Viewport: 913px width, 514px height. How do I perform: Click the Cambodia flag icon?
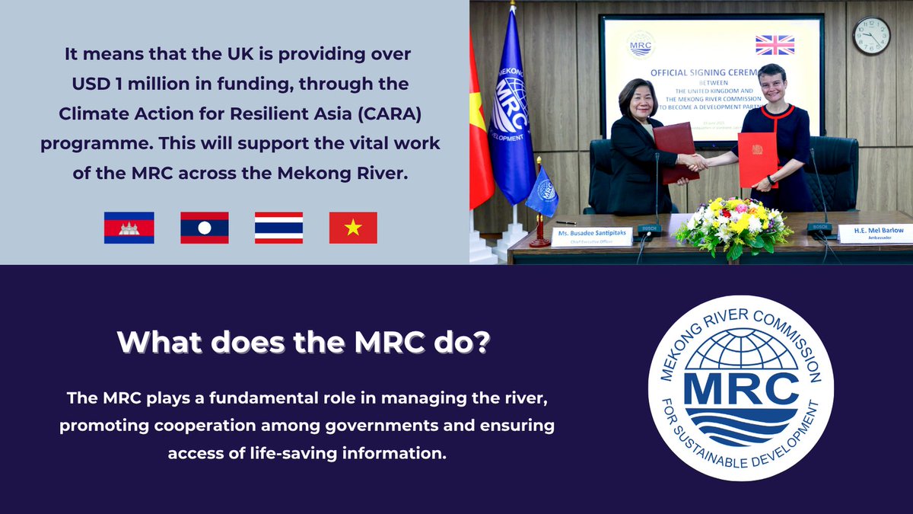pos(129,228)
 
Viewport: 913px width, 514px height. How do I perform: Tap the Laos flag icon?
pos(205,228)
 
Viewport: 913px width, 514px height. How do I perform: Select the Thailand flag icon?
pos(278,228)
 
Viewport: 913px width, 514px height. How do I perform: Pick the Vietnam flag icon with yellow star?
pos(353,228)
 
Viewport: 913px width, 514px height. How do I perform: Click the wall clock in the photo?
pos(871,35)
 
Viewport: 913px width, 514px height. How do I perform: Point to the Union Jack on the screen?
pos(775,45)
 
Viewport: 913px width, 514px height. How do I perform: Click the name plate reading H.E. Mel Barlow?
pos(873,233)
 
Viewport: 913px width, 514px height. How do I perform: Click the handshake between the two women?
pos(695,161)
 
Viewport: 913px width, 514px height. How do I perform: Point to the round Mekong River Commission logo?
pos(740,388)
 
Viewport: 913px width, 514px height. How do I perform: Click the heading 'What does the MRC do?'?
pos(304,343)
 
